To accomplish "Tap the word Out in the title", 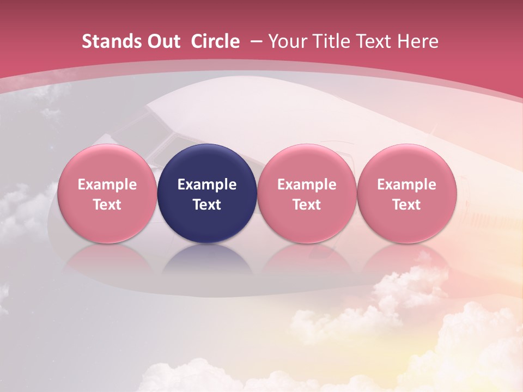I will (x=161, y=41).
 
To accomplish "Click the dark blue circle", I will (x=207, y=193).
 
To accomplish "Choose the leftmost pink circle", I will (x=107, y=193).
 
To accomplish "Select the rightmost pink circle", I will (x=406, y=193).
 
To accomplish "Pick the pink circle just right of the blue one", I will (x=307, y=193).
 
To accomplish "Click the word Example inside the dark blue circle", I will (x=207, y=185).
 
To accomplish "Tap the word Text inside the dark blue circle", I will (x=207, y=205).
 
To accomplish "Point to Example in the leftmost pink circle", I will (x=107, y=185).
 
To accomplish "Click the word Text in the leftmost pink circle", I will (x=107, y=205).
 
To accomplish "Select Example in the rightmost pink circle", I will (x=406, y=185).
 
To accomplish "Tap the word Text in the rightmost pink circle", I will (x=406, y=205).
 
